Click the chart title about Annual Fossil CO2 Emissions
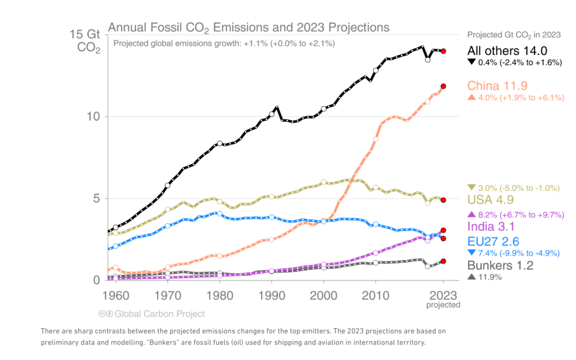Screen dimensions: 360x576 249,28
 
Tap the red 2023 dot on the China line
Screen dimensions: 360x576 443,86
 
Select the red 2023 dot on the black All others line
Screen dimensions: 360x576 443,51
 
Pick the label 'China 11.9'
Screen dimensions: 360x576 497,86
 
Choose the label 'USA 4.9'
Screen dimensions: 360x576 490,200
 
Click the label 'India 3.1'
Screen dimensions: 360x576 491,227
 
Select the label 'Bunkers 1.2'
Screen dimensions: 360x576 500,265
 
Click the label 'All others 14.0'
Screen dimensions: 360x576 507,51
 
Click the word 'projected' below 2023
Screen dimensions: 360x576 443,305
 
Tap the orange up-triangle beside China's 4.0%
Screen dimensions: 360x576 472,97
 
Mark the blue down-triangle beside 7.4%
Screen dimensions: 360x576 472,253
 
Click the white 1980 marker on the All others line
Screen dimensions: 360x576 220,143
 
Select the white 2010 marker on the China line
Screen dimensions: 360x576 376,139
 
